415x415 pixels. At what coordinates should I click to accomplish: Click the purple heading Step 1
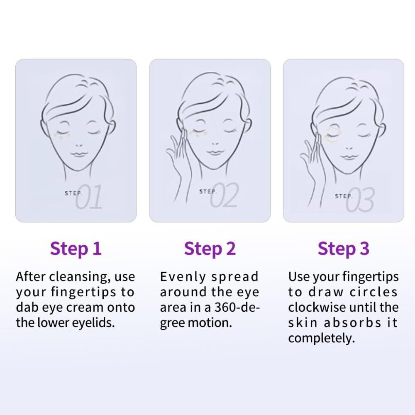pyautogui.click(x=76, y=249)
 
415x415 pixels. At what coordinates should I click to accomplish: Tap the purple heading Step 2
pyautogui.click(x=210, y=249)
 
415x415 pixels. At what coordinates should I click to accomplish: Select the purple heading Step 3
pyautogui.click(x=343, y=249)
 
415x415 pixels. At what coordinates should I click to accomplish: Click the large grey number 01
pyautogui.click(x=88, y=197)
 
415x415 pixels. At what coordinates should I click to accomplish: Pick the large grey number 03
pyautogui.click(x=360, y=199)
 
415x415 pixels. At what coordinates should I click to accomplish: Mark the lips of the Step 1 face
pyautogui.click(x=78, y=154)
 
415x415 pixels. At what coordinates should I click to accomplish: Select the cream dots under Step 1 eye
pyautogui.click(x=62, y=135)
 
